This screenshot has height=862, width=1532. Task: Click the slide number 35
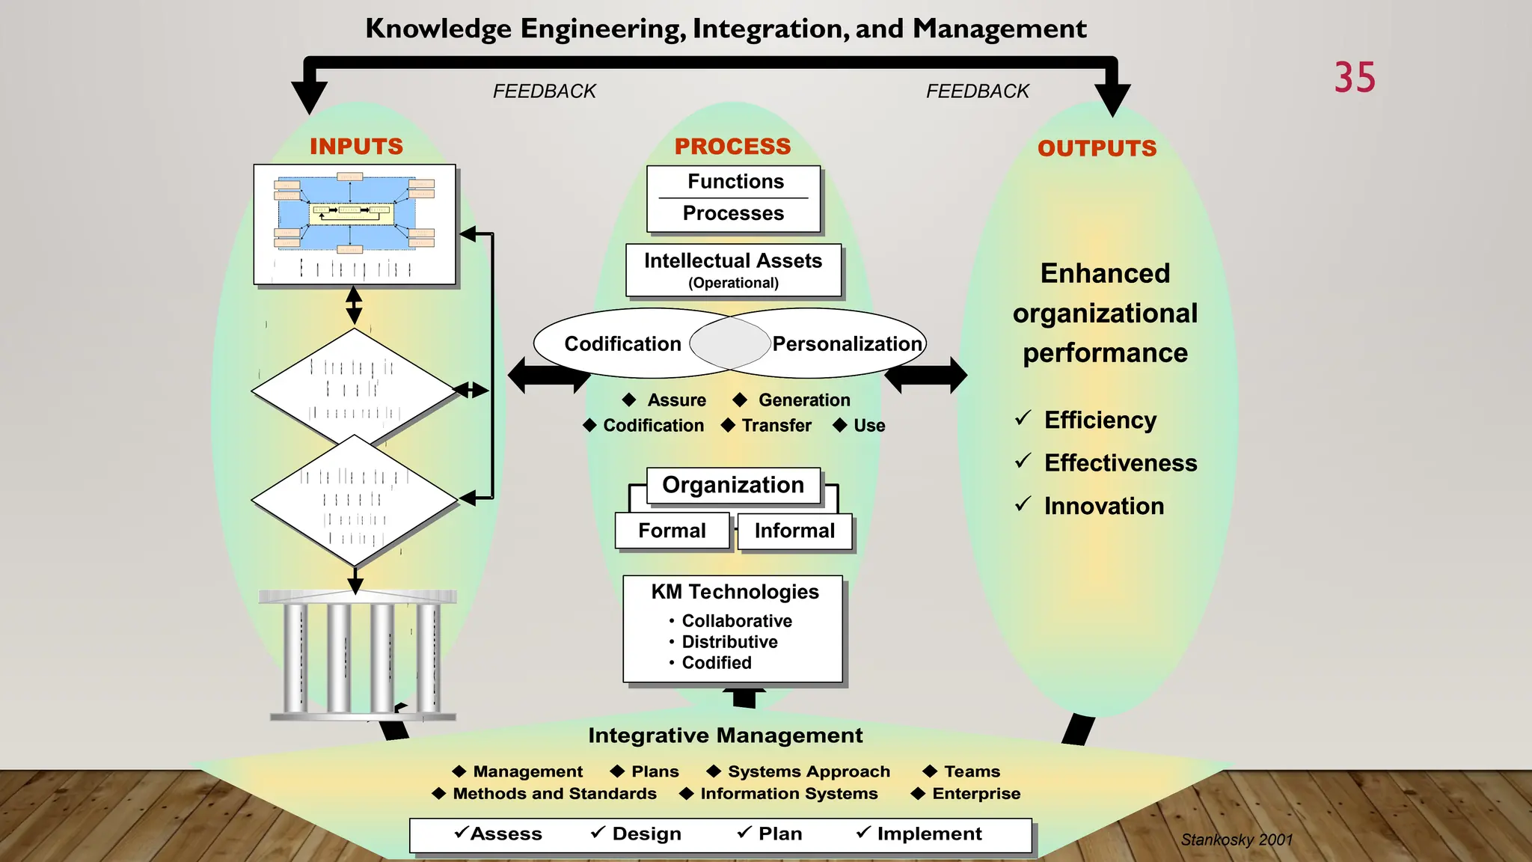(x=1354, y=78)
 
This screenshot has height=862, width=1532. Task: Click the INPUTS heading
(x=356, y=146)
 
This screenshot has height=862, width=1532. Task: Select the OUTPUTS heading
(x=1097, y=148)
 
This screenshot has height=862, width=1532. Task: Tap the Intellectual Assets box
(x=733, y=270)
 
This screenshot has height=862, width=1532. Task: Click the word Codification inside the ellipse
(x=622, y=343)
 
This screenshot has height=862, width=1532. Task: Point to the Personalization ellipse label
(x=847, y=343)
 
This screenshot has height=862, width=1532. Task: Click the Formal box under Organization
(x=672, y=531)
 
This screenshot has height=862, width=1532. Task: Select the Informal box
(x=794, y=531)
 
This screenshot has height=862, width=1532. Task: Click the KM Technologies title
(x=735, y=591)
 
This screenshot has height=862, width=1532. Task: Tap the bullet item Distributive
(x=729, y=641)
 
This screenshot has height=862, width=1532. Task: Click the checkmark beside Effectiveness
(x=1023, y=461)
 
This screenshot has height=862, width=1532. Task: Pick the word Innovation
(x=1103, y=506)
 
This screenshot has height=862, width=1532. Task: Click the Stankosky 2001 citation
(x=1237, y=840)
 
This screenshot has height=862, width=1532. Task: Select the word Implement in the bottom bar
(x=929, y=834)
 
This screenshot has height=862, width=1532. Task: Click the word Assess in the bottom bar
(x=506, y=834)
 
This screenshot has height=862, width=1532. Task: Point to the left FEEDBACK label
(x=544, y=91)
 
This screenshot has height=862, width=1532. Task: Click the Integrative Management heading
(x=725, y=735)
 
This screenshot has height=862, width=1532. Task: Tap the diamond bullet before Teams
(x=930, y=771)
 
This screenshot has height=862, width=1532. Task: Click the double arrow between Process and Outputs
(x=925, y=375)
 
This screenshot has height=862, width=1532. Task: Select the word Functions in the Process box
(x=735, y=181)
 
